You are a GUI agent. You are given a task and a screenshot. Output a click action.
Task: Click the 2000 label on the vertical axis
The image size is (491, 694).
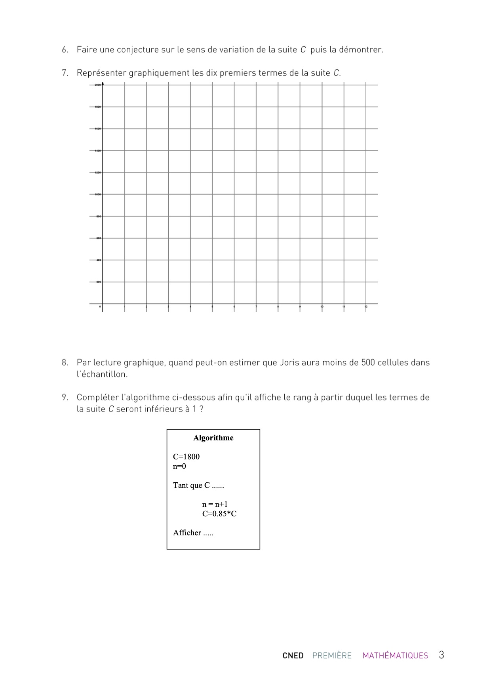click(x=97, y=85)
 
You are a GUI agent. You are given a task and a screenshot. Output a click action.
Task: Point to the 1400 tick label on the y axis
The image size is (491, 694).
click(x=97, y=151)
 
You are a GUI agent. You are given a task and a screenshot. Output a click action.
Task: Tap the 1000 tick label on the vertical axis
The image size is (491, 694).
click(x=97, y=194)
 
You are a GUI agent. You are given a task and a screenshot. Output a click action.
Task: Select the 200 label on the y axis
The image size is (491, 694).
click(x=98, y=282)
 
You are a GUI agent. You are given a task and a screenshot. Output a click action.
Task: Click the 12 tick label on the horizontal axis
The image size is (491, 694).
click(x=366, y=307)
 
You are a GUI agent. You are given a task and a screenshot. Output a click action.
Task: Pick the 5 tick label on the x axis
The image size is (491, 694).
click(x=212, y=307)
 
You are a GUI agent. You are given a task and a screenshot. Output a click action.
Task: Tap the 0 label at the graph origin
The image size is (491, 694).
click(x=100, y=307)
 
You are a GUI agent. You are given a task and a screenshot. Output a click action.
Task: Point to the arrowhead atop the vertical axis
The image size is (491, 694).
click(x=103, y=83)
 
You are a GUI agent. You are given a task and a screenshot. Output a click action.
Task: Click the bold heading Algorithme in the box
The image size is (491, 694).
click(x=213, y=438)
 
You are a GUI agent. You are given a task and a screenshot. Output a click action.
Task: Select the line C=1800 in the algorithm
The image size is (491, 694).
click(x=186, y=457)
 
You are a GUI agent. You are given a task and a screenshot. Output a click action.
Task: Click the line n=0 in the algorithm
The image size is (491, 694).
click(x=179, y=466)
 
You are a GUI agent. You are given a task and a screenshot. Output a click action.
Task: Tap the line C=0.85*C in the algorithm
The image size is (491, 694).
click(x=219, y=514)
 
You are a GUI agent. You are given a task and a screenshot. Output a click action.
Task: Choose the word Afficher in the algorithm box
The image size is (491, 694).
click(x=187, y=533)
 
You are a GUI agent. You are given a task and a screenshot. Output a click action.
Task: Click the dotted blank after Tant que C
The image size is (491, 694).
click(x=218, y=486)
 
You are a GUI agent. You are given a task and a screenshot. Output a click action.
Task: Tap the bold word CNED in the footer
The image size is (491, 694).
click(x=293, y=656)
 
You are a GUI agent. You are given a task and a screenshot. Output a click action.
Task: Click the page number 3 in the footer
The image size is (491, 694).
click(x=441, y=655)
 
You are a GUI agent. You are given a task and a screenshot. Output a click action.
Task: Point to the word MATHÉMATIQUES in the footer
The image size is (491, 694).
click(x=395, y=656)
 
